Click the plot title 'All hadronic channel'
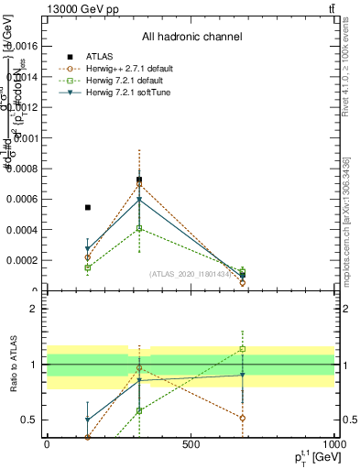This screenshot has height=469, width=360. pyautogui.click(x=191, y=37)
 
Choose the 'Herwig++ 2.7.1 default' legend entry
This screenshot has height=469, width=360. pyautogui.click(x=136, y=68)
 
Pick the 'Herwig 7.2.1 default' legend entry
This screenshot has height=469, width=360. pyautogui.click(x=132, y=80)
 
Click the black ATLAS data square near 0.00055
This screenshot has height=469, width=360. pyautogui.click(x=88, y=208)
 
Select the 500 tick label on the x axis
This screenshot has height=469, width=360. pyautogui.click(x=191, y=444)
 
